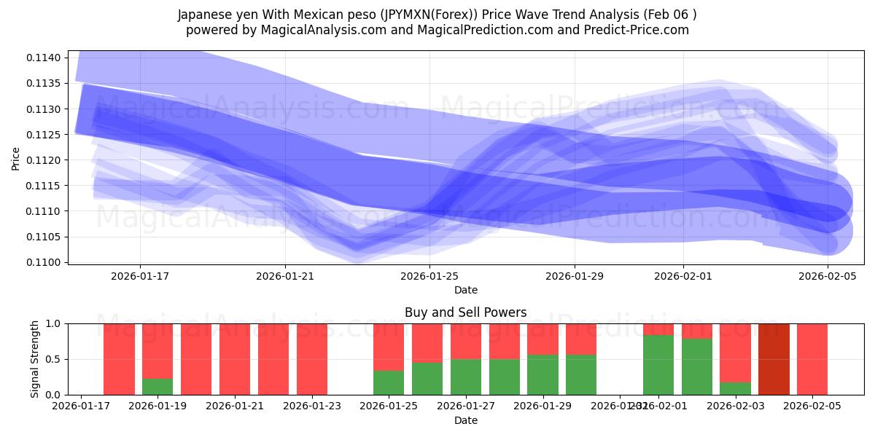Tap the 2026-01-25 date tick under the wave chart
(429, 276)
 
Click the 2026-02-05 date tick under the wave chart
(828, 276)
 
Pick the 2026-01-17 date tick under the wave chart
(140, 276)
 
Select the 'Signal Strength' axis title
(35, 359)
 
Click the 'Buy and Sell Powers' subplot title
(465, 312)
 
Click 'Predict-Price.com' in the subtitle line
(639, 30)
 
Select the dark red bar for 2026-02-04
(774, 359)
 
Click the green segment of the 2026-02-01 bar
(658, 365)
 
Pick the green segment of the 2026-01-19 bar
(157, 387)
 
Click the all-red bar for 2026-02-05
(812, 359)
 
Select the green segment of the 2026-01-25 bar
(389, 383)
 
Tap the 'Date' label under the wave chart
(465, 290)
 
